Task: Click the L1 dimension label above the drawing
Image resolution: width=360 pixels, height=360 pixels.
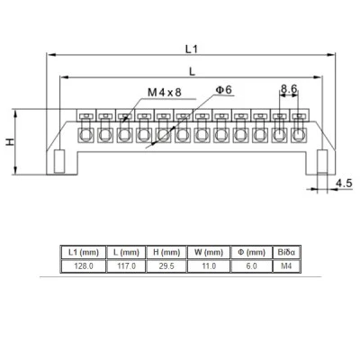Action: (192, 49)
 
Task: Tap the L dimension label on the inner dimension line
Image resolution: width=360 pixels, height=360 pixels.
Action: (192, 71)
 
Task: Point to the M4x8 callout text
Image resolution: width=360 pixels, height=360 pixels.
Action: (165, 93)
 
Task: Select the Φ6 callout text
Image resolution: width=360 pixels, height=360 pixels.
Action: (224, 90)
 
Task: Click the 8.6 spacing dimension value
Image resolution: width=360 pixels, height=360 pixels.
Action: (289, 88)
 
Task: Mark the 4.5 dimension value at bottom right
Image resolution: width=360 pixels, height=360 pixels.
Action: (344, 183)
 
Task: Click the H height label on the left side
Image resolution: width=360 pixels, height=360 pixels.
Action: (11, 141)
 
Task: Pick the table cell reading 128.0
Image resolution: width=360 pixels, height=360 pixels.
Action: (84, 266)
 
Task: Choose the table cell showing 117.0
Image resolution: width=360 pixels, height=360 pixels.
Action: (126, 266)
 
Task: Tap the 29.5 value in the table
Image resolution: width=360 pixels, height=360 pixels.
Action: (166, 266)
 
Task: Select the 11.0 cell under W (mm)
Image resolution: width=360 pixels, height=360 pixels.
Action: (209, 266)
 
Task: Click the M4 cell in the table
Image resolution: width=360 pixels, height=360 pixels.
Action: (286, 266)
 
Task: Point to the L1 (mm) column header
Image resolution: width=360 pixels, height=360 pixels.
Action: (84, 252)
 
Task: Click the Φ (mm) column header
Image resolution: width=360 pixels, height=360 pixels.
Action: (251, 252)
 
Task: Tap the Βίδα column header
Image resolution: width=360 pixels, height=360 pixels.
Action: (286, 252)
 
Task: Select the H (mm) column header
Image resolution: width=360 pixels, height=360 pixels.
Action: (166, 252)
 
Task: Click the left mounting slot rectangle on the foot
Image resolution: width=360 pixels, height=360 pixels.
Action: (59, 161)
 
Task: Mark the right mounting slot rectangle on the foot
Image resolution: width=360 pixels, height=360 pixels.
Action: (322, 162)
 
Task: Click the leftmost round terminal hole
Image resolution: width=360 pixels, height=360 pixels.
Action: (86, 135)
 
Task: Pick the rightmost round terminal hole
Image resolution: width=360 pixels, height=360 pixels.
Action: (298, 135)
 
